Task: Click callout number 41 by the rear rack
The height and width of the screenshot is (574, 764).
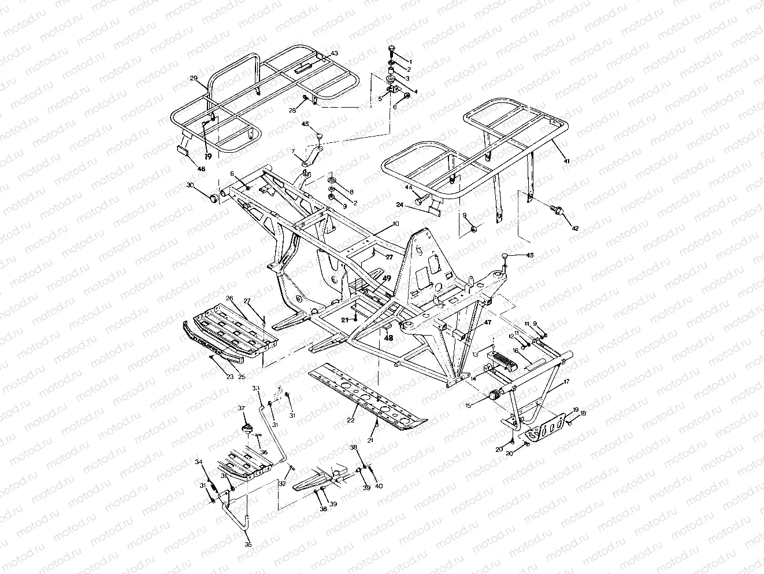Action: pos(566,161)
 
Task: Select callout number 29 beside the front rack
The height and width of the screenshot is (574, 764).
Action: pos(193,78)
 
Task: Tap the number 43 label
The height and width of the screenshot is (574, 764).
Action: pos(334,54)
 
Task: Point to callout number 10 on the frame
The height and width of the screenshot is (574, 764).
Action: pos(395,223)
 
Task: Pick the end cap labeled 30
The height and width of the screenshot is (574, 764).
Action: pos(214,198)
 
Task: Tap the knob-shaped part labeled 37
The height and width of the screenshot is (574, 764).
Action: pos(247,428)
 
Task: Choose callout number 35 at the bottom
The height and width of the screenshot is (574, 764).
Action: pos(249,544)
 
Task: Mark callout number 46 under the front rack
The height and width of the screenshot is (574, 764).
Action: pos(201,169)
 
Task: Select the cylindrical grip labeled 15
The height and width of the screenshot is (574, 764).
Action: pos(495,396)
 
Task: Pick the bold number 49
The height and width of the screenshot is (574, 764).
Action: pos(387,278)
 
